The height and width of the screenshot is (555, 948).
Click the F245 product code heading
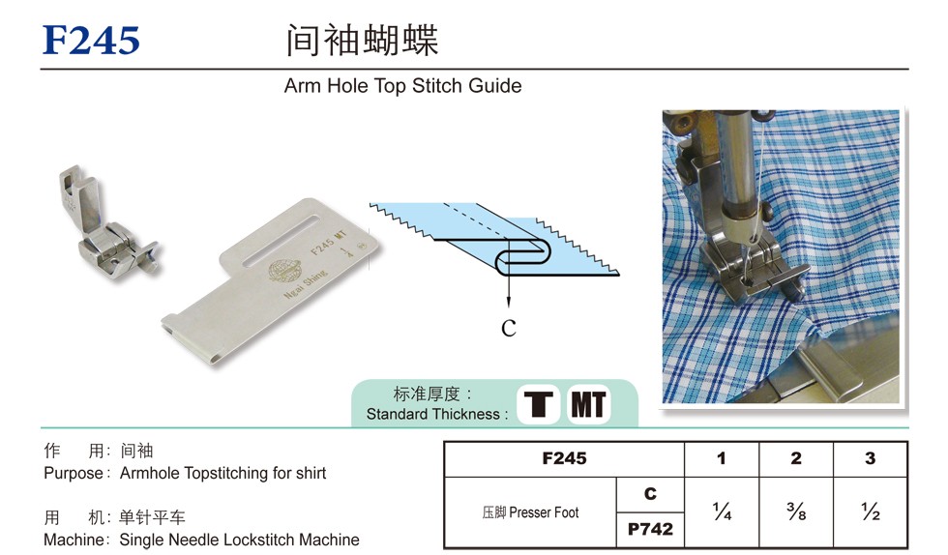pos(91,41)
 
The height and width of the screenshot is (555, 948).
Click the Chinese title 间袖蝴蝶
pos(362,41)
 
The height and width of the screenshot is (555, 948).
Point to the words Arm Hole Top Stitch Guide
pos(402,86)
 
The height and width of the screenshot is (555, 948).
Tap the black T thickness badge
pos(538,404)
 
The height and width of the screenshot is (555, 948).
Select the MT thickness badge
pos(588,404)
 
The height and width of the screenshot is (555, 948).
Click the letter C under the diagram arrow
pos(509,329)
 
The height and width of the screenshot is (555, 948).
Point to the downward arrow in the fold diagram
pos(509,274)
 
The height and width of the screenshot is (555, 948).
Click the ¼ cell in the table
pos(722,512)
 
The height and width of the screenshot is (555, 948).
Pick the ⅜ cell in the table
pos(796,512)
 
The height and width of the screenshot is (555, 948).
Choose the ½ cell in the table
pos(870,512)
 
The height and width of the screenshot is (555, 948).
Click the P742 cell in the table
pos(650,529)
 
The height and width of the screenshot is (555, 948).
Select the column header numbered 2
pos(796,458)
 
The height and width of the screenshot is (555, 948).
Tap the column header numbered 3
pos(870,458)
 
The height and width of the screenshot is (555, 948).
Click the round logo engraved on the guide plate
pos(281,272)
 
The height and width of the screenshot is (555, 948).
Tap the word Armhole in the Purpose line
pos(149,473)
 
